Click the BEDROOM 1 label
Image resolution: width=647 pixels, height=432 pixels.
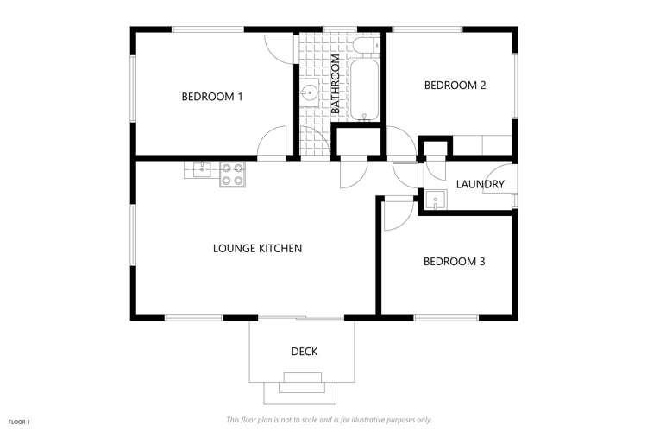coord(211,97)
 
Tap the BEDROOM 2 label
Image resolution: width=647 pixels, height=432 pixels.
coord(455,86)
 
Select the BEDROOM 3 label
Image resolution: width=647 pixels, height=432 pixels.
coord(454,261)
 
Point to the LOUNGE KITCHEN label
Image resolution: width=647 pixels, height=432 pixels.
coord(257,249)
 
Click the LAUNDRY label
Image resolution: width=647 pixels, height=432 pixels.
coord(480,184)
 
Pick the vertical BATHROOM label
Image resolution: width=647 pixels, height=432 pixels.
coord(336,85)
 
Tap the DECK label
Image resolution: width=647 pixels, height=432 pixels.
coord(304,351)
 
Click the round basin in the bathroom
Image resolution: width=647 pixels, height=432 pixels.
coord(309,92)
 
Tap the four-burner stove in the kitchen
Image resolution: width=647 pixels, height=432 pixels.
coord(232,175)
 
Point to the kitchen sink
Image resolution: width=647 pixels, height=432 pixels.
coord(199,169)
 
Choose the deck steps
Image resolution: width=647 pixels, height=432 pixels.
coord(302,384)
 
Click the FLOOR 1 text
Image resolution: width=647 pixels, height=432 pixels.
coord(20,421)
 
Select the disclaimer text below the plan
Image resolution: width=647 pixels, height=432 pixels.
coord(328,420)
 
